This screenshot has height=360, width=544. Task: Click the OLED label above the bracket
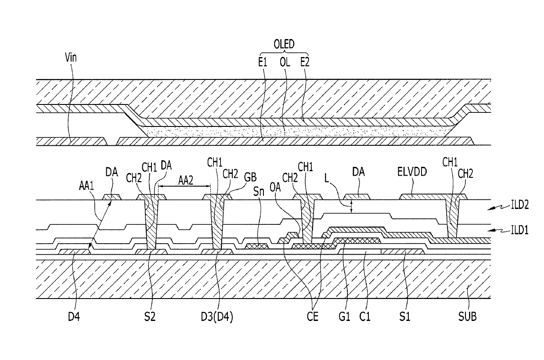tap(284, 44)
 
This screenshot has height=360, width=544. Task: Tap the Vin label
tap(71, 58)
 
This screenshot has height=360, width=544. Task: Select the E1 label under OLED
tap(263, 63)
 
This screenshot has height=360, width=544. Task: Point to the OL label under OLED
tap(285, 63)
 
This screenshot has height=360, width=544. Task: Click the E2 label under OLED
tap(305, 63)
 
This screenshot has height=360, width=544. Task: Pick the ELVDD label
tap(412, 172)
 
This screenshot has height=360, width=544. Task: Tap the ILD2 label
tap(520, 205)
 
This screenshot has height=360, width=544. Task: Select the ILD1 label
tap(520, 230)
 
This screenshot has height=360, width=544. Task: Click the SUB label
tap(467, 317)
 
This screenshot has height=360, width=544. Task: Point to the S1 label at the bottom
tap(405, 317)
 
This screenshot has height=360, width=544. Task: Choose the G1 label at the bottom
tap(344, 317)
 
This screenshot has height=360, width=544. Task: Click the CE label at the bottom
tap(312, 317)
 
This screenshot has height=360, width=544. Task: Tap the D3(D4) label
tap(217, 317)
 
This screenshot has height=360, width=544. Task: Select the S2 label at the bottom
tap(150, 317)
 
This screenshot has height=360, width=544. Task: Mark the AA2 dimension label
tap(186, 180)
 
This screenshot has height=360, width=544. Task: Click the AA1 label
tap(86, 186)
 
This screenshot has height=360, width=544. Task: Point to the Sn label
tap(259, 192)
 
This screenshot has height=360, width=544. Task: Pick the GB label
tap(250, 177)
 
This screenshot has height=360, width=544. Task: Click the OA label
tap(275, 187)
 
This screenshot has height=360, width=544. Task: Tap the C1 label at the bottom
tap(365, 317)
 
